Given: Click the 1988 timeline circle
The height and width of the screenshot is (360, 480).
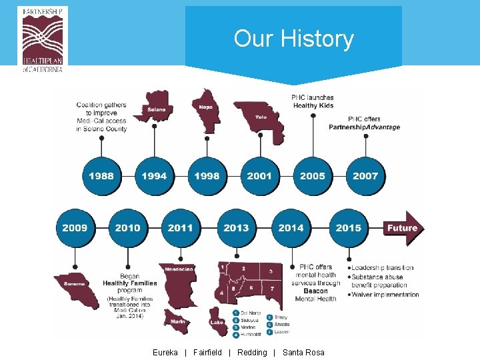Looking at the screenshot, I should tap(101, 176).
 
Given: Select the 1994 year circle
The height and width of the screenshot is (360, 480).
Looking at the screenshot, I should tap(154, 176).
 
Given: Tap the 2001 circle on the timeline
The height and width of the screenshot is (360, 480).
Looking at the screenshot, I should tap(259, 176).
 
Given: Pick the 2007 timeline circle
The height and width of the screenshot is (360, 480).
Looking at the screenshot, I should tap(365, 176).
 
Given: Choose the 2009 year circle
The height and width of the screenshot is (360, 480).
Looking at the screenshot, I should tap(75, 228).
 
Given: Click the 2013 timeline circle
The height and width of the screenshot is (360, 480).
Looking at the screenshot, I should tap(236, 228).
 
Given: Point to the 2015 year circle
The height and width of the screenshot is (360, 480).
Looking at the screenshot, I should tap(349, 228).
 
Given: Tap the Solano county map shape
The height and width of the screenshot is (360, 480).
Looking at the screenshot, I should tap(156, 107).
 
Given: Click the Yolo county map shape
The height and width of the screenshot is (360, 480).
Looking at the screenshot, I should tap(261, 117).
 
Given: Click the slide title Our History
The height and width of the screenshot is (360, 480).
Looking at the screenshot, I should tap(293, 39).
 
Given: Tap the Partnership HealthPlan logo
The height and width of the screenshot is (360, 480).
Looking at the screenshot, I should tap(45, 39).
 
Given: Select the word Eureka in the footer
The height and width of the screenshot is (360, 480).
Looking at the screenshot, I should tap(165, 352).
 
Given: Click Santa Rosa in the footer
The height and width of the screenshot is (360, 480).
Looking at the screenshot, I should tap(303, 352).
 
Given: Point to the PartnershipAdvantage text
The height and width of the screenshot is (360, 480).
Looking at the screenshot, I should tap(364, 127).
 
